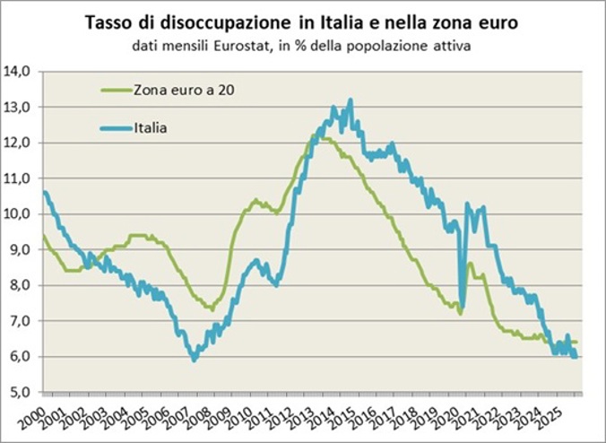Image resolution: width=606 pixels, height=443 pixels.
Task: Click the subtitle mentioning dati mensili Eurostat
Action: point(302,45)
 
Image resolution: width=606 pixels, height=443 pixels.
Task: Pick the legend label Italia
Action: point(151,128)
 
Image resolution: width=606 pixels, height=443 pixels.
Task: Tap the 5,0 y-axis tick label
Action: point(21,392)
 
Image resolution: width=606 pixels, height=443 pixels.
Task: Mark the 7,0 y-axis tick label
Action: point(21,321)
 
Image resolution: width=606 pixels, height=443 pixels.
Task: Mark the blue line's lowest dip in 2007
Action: point(193,360)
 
